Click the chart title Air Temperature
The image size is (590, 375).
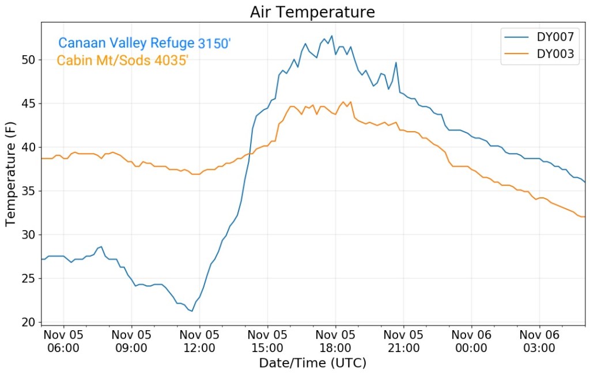[312, 12]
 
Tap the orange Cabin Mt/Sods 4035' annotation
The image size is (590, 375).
[123, 60]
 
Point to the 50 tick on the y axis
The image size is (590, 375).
[29, 60]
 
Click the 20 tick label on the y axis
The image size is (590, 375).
[29, 322]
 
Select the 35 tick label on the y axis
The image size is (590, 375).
[29, 191]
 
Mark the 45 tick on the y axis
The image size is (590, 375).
[29, 104]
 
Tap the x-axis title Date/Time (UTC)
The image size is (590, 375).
[312, 363]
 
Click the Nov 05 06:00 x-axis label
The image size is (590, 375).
[63, 342]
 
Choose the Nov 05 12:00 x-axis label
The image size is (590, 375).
[199, 342]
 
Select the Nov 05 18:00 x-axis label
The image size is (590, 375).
[335, 342]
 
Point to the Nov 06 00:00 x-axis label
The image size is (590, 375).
[471, 342]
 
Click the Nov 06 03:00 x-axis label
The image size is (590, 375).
[539, 342]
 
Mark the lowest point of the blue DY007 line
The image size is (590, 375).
[192, 311]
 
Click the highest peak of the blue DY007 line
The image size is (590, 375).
[331, 36]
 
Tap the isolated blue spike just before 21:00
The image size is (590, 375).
[396, 63]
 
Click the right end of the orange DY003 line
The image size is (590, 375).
[585, 217]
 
